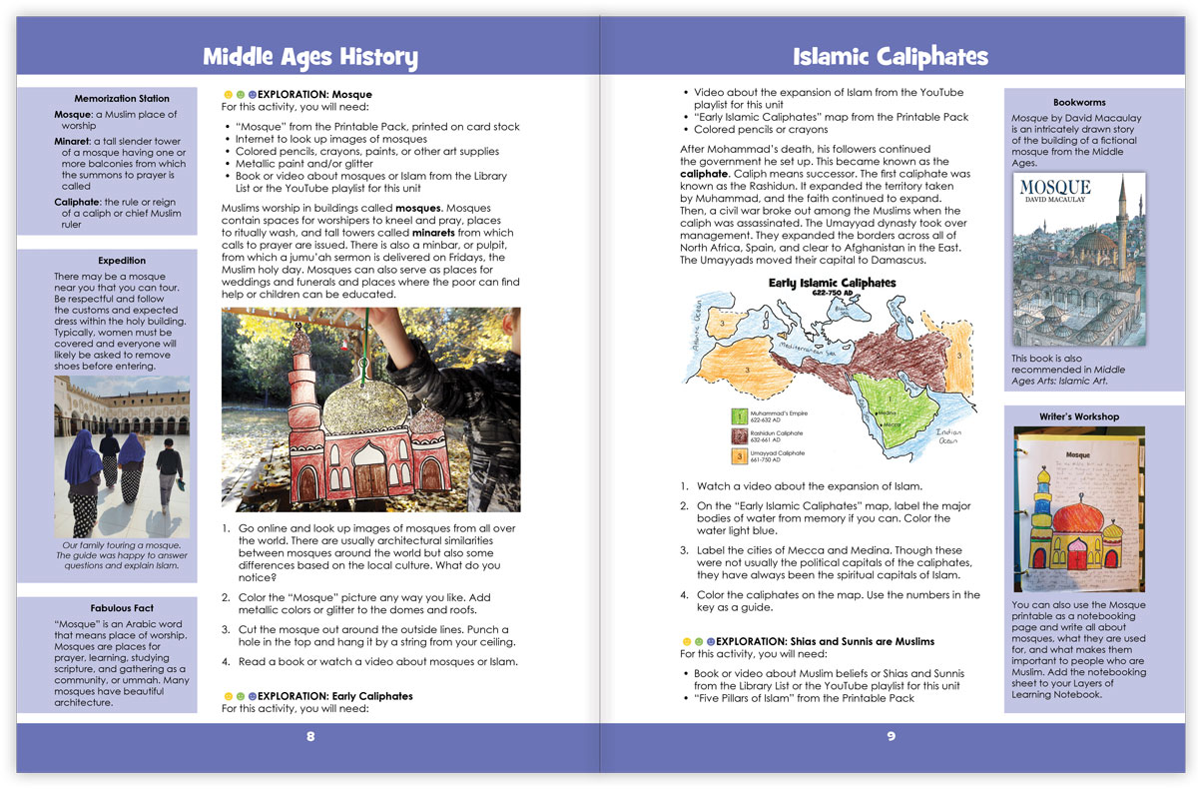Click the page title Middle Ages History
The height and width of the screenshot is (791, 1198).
[x=309, y=56]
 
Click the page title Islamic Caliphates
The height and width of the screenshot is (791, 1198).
[x=890, y=56]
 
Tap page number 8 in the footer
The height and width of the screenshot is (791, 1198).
[x=310, y=737]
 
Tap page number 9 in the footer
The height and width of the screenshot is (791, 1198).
[x=892, y=737]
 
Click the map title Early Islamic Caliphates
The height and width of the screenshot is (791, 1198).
[x=833, y=284]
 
